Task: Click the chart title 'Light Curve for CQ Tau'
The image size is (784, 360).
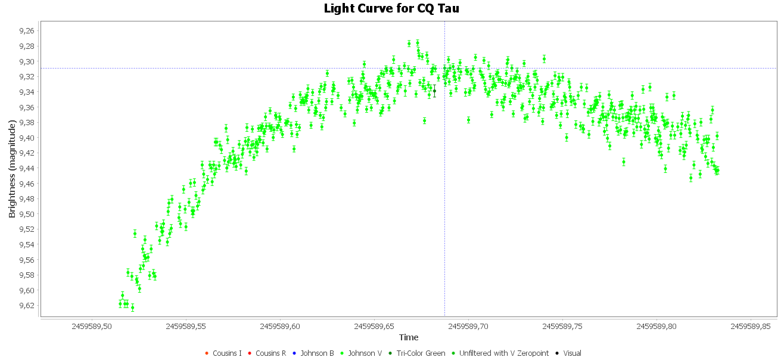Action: (391, 8)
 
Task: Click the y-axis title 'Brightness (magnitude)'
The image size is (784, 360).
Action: (12, 169)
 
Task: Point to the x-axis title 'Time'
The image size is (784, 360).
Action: (408, 337)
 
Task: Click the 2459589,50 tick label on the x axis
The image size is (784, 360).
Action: (92, 327)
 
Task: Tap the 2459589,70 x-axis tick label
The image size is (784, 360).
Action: (469, 327)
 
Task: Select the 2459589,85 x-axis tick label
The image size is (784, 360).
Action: (751, 327)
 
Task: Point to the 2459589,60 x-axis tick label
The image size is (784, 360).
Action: (281, 327)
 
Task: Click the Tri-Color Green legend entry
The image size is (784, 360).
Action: (416, 353)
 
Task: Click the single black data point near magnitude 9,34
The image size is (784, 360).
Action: (434, 91)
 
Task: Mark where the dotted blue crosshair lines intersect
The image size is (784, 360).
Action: (444, 68)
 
